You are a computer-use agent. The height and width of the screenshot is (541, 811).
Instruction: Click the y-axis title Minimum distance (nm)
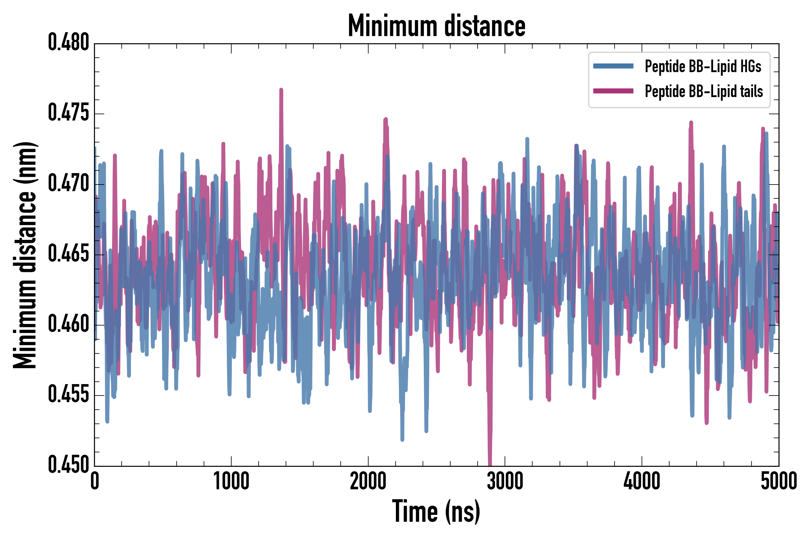pos(25,255)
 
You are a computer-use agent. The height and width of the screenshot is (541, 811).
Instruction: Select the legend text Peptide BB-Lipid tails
pos(704,91)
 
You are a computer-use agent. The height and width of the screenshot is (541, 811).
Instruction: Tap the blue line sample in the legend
pos(613,66)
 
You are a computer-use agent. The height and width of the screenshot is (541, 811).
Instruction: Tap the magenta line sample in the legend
pos(613,91)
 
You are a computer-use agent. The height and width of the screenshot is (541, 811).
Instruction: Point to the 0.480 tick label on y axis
pos(68,43)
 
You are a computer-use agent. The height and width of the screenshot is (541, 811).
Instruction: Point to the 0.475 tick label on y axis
pos(68,113)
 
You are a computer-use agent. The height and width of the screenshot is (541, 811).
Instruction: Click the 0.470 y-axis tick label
pos(68,184)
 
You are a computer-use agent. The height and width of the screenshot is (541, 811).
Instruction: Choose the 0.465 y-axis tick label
pos(68,254)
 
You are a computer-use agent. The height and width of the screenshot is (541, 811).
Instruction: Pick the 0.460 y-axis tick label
pos(68,324)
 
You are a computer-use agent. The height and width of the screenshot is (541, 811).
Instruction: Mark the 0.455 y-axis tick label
pos(68,395)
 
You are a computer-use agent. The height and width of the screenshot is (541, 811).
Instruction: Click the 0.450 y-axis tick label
pos(68,465)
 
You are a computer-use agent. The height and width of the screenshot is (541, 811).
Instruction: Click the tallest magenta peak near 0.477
pos(281,90)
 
